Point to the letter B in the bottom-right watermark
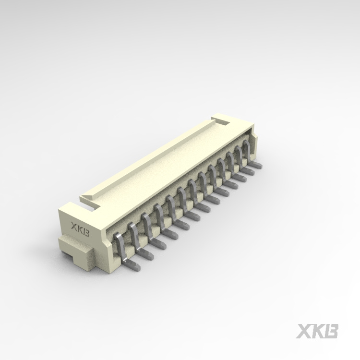coord(331,331)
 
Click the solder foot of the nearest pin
coord(132,264)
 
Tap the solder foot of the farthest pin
coord(256,165)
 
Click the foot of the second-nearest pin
coord(145,254)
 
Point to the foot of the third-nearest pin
coord(157,244)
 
